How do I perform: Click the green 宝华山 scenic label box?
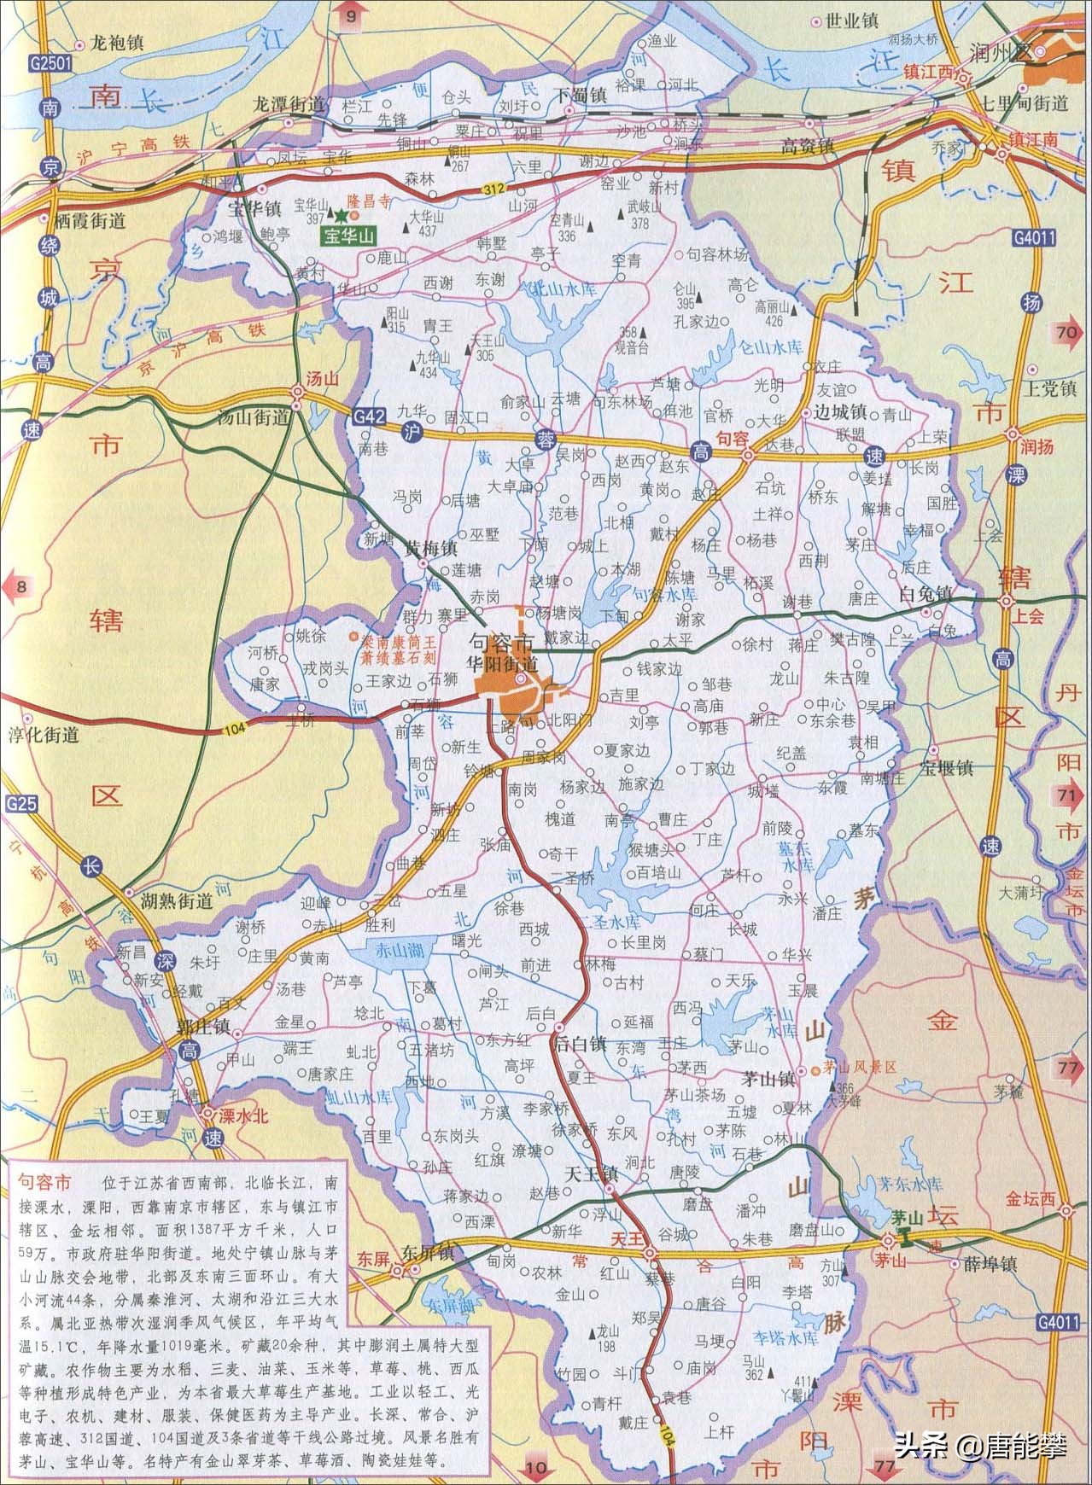[347, 236]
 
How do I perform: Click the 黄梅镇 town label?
[432, 549]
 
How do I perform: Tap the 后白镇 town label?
[581, 1043]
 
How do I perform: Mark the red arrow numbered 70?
[1067, 333]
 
